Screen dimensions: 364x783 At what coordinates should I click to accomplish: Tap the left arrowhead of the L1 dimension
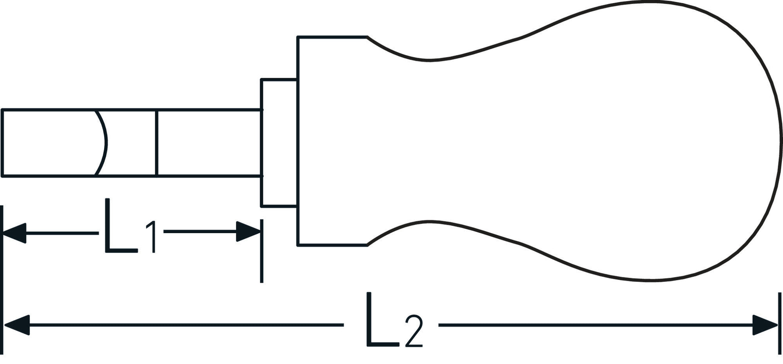[15, 233]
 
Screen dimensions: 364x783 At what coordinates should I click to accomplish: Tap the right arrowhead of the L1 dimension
[248, 232]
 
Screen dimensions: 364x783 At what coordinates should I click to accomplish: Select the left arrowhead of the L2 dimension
[17, 325]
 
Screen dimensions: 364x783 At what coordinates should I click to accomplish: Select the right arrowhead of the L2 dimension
[765, 325]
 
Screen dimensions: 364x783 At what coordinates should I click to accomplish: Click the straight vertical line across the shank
[157, 143]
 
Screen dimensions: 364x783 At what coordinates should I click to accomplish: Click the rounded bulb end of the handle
[684, 141]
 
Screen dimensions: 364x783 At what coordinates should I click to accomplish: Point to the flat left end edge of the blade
[2, 143]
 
